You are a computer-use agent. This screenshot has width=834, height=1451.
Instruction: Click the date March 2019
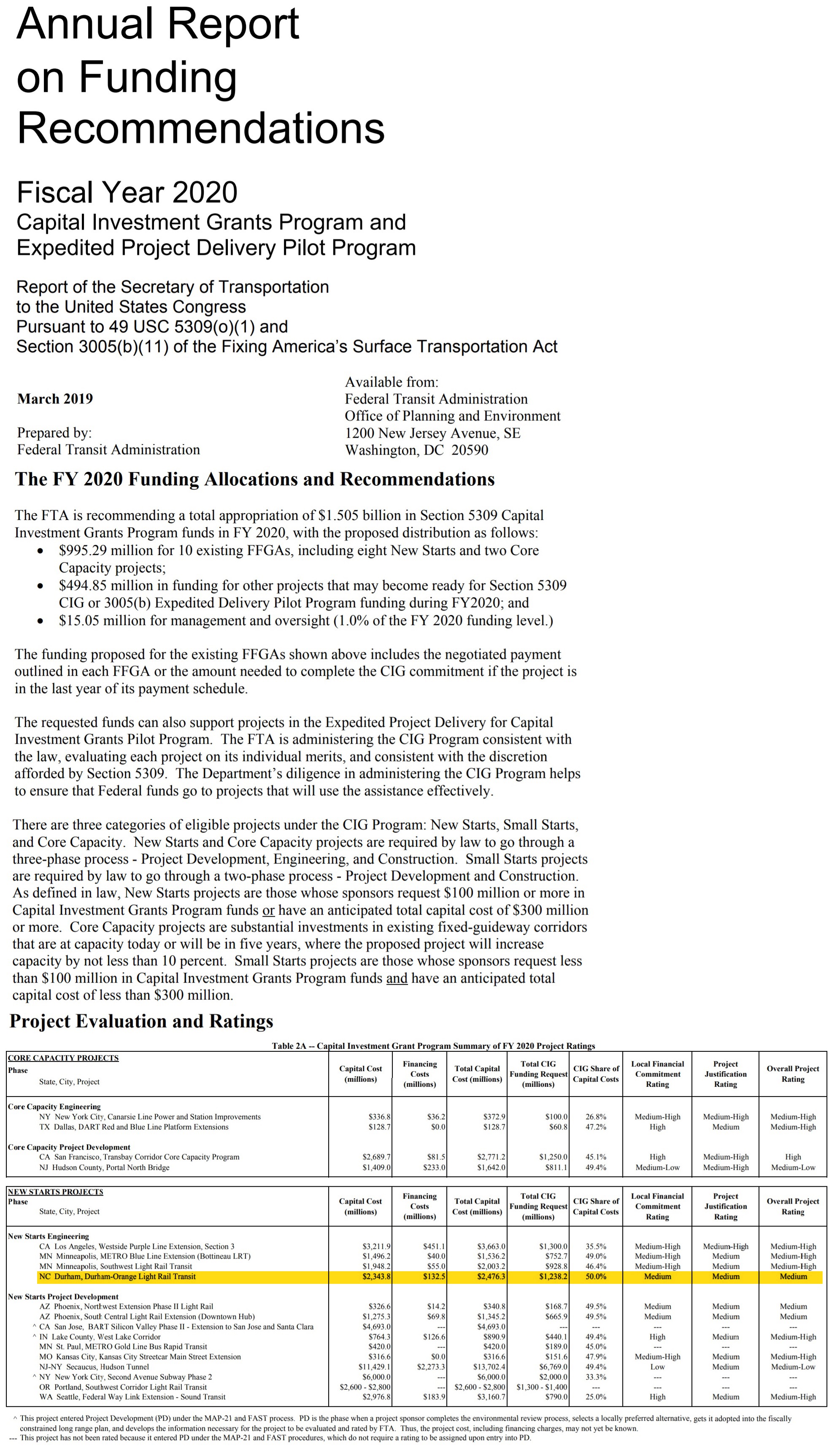(55, 399)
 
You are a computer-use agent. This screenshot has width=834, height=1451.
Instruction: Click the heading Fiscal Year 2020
(127, 192)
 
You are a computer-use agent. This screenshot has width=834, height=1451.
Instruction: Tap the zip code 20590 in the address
(470, 450)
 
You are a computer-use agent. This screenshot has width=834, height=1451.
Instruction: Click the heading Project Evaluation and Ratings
(141, 1021)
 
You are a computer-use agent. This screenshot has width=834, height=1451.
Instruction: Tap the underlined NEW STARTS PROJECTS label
(56, 1192)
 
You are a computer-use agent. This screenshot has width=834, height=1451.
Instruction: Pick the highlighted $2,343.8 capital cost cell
(376, 1277)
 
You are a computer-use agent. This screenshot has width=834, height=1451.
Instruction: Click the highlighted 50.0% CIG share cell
(596, 1277)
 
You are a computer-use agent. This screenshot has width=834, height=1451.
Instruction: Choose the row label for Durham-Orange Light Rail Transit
(117, 1277)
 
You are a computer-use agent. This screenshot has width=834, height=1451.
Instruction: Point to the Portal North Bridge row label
(104, 1167)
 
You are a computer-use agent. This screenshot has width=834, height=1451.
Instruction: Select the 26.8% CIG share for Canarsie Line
(596, 1117)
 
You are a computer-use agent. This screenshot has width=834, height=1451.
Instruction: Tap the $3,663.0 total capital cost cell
(491, 1246)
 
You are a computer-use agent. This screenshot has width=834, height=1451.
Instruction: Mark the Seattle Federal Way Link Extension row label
(132, 1397)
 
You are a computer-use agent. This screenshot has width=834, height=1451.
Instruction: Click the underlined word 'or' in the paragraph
(268, 910)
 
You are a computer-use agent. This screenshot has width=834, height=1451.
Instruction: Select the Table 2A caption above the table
(433, 1046)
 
